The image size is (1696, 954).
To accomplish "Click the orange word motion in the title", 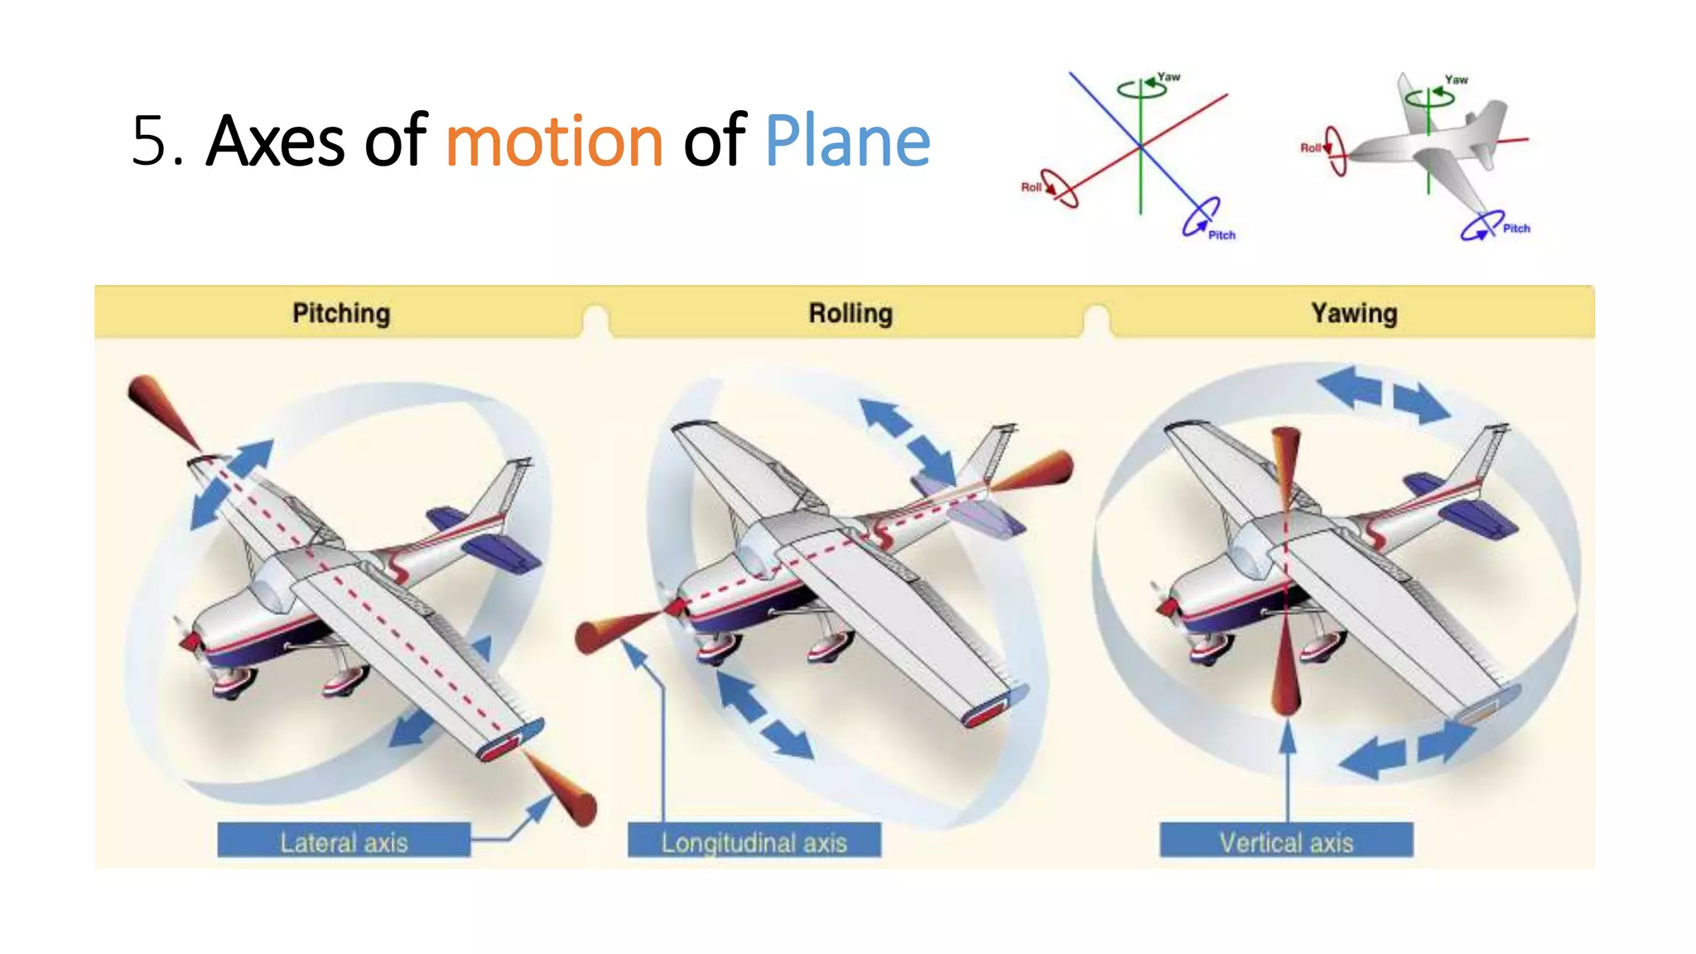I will (554, 142).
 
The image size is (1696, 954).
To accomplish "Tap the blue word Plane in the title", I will (847, 142).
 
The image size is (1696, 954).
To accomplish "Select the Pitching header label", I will (341, 313).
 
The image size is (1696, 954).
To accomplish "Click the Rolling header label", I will (850, 313).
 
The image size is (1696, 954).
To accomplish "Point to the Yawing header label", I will (1354, 313).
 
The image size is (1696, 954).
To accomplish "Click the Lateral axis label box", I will (344, 841).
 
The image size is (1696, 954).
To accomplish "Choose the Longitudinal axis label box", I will (754, 841).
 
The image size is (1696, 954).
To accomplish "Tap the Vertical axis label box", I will (1286, 841).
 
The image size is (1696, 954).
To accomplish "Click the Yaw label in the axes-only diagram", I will (1168, 77).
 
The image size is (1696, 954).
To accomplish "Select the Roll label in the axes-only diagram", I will (1031, 187).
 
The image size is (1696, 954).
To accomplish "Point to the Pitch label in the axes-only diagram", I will (1221, 235).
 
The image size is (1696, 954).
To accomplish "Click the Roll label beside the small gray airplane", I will (1310, 148).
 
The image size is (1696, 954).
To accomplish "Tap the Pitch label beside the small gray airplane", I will (1516, 229).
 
